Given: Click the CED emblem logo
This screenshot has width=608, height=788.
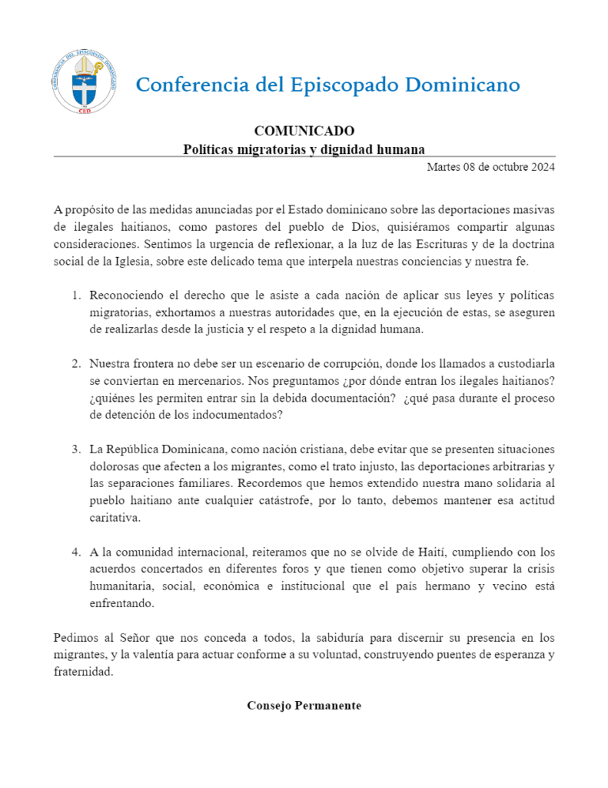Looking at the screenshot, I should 85,82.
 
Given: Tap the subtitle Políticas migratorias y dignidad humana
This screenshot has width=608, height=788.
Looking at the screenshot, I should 304,148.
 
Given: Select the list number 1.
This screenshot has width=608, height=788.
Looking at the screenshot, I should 76,295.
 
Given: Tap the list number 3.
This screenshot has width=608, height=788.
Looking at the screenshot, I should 76,449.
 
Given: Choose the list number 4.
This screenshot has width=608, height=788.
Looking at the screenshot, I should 76,553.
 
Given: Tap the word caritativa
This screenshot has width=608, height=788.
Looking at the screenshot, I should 115,517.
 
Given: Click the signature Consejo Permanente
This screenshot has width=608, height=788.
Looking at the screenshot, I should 304,706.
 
